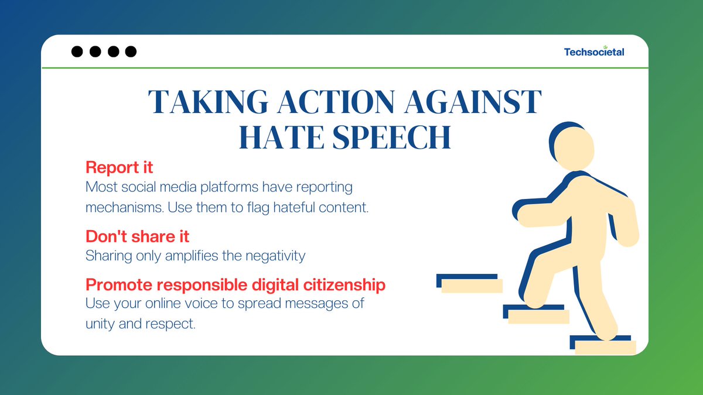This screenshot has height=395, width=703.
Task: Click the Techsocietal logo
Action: (594, 51)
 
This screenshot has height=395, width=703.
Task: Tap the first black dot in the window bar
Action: (77, 51)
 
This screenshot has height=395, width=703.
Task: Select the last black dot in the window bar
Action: (131, 51)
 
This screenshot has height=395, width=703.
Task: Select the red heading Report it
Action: (119, 167)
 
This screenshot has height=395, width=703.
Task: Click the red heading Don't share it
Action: (137, 236)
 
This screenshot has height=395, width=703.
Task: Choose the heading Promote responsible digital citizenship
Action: (236, 285)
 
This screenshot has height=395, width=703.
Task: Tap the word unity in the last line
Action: (101, 323)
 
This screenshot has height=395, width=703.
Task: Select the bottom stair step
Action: (603, 345)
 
